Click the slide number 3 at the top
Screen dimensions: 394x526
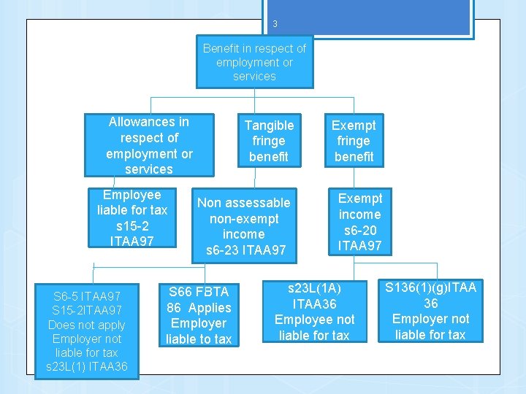(275, 24)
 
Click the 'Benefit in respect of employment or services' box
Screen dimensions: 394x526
(254, 62)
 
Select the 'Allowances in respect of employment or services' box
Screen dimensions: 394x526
(149, 145)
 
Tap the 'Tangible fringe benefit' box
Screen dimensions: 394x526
(269, 141)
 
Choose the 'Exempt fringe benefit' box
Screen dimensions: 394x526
(354, 141)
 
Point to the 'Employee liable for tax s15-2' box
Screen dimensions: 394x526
(132, 217)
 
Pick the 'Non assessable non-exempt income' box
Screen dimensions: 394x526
(243, 226)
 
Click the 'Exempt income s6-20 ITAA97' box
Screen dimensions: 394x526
(359, 222)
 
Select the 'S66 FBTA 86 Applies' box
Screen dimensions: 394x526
(198, 315)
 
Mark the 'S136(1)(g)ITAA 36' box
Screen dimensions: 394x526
(430, 311)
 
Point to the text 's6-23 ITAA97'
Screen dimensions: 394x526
(245, 250)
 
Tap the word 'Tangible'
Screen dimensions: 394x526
(269, 125)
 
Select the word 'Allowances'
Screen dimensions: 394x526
(148, 122)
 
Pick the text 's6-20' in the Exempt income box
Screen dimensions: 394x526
(359, 230)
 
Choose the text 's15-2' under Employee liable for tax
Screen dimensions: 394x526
(132, 225)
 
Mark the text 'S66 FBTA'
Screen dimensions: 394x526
(198, 292)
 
